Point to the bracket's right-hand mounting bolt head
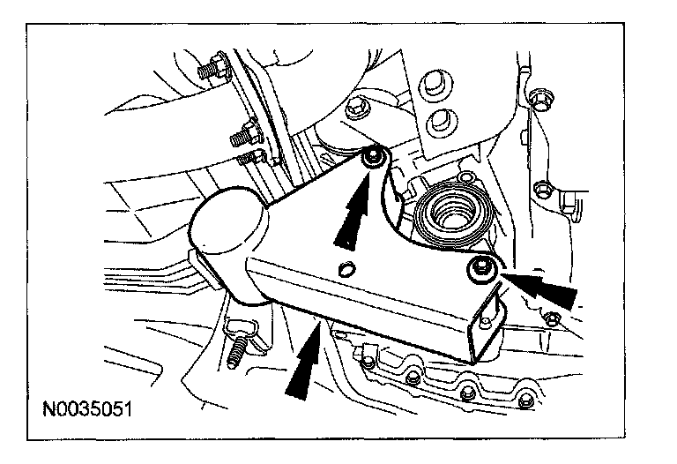[x=481, y=270]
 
